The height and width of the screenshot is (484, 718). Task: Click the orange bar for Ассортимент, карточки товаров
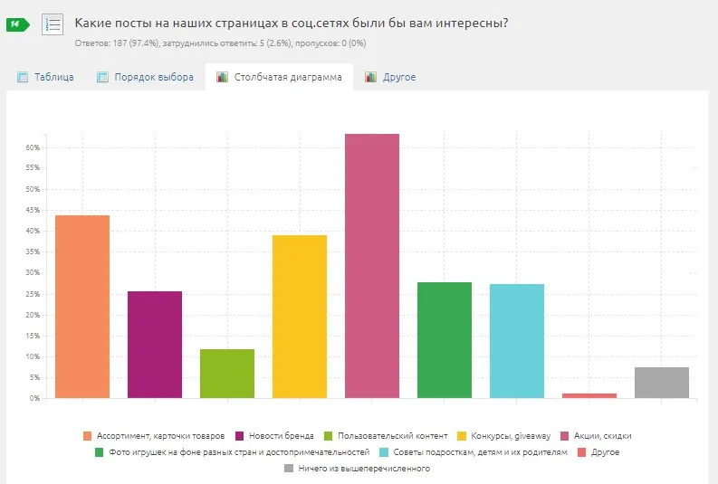82,307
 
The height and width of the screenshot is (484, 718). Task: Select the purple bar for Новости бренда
155,345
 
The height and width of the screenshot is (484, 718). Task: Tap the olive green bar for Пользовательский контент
227,374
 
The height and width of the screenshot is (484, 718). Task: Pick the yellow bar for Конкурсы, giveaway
300,317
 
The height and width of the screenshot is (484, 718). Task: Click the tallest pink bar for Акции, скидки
372,266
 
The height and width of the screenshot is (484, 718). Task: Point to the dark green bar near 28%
445,340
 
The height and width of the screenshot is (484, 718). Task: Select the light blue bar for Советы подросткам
517,341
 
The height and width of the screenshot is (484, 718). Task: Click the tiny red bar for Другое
589,395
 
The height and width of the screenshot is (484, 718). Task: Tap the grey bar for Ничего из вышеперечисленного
662,383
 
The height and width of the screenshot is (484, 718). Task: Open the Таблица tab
46,78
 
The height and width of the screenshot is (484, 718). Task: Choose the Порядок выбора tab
146,78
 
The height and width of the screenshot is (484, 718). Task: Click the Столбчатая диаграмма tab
280,78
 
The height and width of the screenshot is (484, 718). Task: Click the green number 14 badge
17,24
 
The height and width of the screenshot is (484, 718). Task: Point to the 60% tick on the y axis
32,147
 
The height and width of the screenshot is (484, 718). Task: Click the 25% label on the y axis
32,294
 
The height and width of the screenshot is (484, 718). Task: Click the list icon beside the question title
53,24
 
